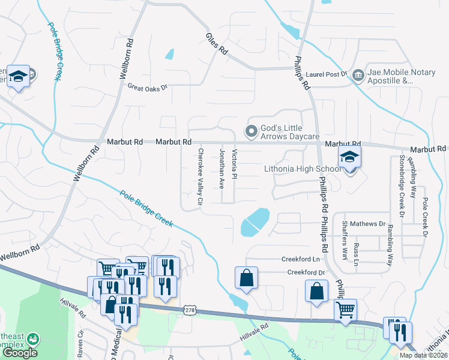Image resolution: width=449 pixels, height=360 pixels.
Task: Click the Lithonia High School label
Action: pyautogui.click(x=303, y=169)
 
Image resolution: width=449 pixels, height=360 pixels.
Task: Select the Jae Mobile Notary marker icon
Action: pyautogui.click(x=358, y=74)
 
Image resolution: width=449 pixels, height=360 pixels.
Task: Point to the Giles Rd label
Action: pyautogui.click(x=217, y=43)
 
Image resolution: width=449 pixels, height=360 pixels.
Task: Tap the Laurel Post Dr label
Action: pyautogui.click(x=327, y=75)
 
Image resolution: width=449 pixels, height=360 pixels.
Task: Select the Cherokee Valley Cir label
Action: pyautogui.click(x=200, y=179)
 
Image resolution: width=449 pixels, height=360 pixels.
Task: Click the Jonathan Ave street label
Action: pyautogui.click(x=221, y=169)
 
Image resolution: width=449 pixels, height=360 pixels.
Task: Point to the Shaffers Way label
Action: pyautogui.click(x=345, y=240)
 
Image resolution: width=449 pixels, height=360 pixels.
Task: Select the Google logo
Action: pyautogui.click(x=19, y=352)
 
